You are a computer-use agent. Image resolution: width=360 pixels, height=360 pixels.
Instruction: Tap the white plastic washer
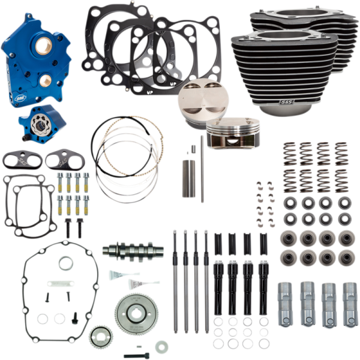[x=161, y=347]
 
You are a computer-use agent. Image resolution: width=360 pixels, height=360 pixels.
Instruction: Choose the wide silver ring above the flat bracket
[x=66, y=263]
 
